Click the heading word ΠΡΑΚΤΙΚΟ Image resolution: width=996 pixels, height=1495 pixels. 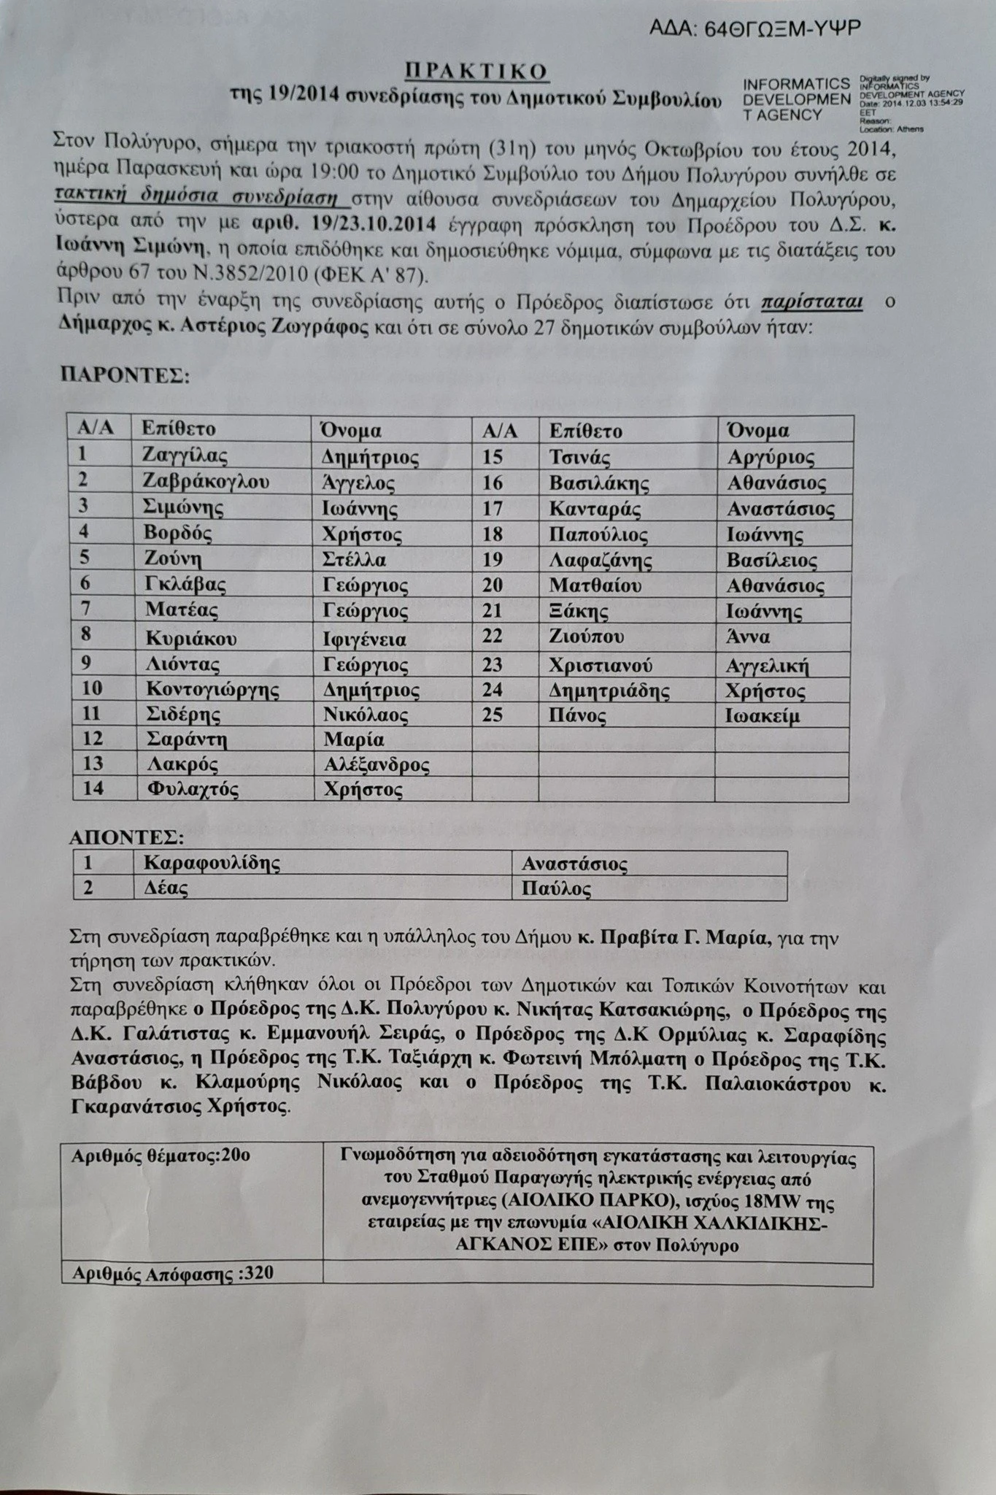476,72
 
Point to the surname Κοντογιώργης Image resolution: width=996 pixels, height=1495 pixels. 213,689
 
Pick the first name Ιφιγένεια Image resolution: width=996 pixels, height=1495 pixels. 365,639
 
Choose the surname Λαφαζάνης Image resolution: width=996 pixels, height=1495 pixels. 601,561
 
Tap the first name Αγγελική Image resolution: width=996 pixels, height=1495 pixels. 768,666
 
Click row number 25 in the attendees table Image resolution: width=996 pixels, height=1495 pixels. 493,715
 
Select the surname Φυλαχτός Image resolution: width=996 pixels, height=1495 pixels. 192,789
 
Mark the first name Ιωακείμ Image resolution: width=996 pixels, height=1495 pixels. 763,716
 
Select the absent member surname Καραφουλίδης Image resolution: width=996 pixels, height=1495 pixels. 212,863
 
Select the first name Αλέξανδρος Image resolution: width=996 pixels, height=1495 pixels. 375,764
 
